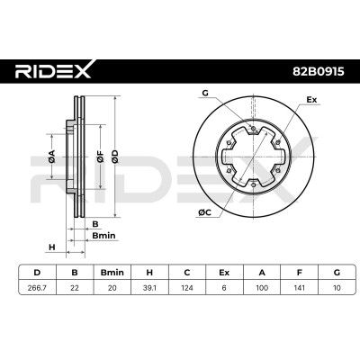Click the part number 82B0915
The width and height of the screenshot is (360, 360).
coord(319,72)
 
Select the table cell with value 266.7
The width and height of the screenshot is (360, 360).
coord(37,288)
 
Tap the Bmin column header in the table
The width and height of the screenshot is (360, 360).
coord(112,273)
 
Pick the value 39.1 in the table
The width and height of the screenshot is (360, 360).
coord(149,288)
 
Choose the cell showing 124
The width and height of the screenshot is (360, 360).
coord(187,288)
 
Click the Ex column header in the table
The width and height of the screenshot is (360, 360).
coord(224,273)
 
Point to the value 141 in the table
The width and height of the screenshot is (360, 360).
coord(299,288)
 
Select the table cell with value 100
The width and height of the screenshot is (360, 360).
coord(262,288)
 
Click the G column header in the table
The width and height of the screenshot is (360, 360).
coord(337,273)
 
